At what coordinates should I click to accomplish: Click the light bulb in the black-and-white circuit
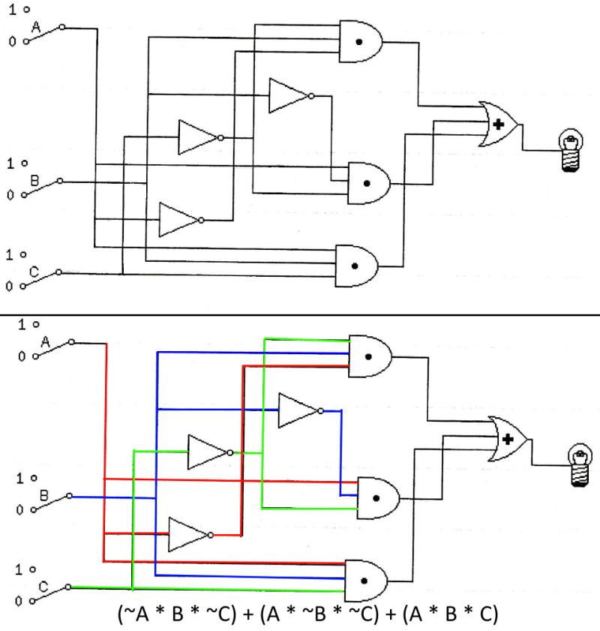click(572, 150)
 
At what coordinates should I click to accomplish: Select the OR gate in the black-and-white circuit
click(500, 125)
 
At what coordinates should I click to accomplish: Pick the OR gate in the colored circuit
click(508, 438)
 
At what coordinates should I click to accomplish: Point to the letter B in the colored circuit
click(43, 495)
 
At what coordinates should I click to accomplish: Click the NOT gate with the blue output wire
click(298, 410)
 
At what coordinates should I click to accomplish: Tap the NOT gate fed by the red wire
click(188, 534)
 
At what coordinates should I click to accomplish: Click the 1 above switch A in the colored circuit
click(22, 324)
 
